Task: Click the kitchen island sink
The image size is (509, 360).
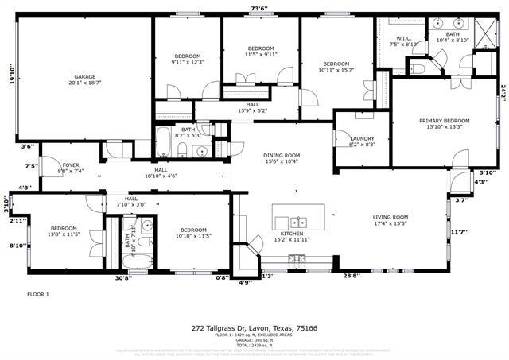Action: tap(299, 222)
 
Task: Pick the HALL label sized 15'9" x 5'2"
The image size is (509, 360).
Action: tap(252, 107)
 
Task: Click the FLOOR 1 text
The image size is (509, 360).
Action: tap(38, 294)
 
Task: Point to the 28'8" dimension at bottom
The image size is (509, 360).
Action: tap(351, 276)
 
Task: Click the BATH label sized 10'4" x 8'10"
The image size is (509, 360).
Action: tap(453, 37)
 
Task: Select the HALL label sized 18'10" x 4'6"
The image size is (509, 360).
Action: tap(161, 172)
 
